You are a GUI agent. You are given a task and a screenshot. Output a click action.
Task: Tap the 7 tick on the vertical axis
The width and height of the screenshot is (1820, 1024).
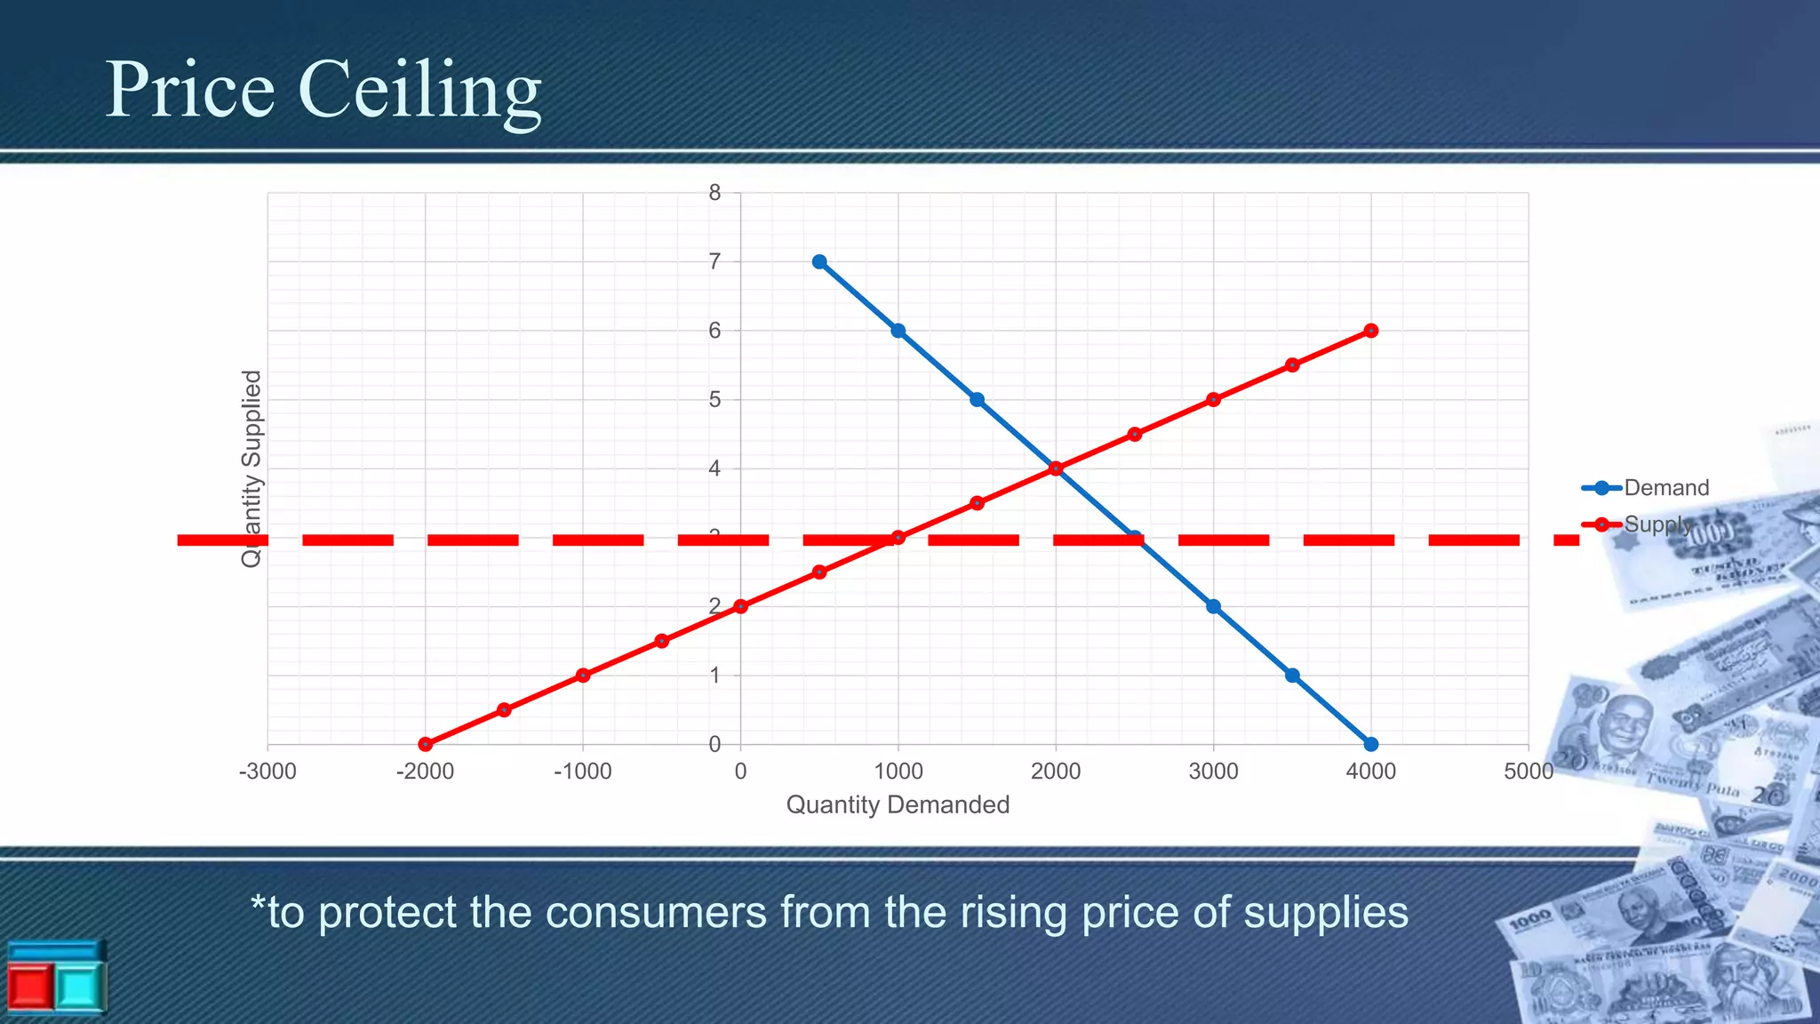coord(714,262)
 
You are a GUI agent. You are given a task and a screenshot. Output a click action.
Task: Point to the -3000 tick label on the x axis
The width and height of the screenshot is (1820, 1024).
coord(267,772)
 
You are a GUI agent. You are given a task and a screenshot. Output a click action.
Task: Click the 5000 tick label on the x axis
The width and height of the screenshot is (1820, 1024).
coord(1528,772)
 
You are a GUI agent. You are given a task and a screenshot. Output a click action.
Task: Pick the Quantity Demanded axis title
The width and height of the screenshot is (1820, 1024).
coord(898,805)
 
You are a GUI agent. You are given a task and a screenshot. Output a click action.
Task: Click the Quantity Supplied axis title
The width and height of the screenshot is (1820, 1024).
coord(252,468)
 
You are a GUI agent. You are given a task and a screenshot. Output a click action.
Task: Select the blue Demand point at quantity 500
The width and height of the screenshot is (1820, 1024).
coord(819,262)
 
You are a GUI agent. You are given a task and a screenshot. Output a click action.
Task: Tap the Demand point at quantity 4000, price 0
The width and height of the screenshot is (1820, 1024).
coord(1370,744)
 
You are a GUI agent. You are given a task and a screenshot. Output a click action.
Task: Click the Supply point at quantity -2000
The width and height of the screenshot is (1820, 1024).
coord(426,744)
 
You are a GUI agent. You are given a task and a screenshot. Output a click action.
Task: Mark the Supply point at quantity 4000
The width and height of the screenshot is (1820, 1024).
coord(1370,331)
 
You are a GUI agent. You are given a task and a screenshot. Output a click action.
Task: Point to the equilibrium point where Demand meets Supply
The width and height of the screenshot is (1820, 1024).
coord(1056,468)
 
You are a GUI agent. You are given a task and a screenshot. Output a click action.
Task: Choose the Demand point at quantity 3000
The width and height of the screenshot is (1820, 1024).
coord(1213,606)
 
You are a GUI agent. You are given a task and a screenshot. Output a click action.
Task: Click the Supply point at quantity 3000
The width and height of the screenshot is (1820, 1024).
coord(1213,400)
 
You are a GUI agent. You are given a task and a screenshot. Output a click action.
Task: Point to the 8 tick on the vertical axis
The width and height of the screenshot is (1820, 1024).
coord(714,193)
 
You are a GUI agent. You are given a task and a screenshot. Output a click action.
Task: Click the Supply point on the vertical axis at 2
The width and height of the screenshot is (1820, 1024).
coord(740,606)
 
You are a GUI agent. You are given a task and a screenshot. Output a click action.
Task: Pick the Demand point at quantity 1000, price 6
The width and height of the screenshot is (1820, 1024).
coord(898,331)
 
